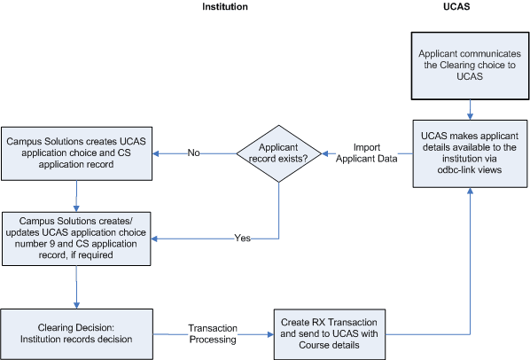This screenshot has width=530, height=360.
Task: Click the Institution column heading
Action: point(225,7)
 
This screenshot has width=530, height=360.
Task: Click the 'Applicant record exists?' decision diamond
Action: point(280,153)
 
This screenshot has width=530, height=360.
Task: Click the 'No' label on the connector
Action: point(193,153)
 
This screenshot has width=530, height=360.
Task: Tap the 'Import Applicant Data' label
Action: point(368,153)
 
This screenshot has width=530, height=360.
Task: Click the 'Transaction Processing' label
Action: point(213,333)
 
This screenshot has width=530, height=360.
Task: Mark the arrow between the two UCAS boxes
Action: point(470,108)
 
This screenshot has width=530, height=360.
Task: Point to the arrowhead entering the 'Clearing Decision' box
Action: point(77,303)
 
